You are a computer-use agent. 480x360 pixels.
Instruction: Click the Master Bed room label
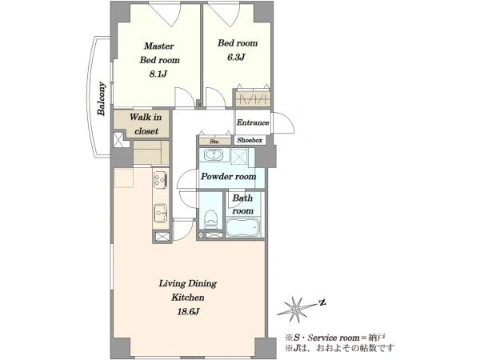point(159,53)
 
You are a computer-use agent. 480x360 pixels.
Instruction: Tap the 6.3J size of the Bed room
point(236,58)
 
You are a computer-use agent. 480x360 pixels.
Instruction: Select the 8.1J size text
point(158,74)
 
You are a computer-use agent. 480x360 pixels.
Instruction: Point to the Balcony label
point(102,99)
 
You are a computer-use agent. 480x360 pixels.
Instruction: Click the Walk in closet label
point(146,124)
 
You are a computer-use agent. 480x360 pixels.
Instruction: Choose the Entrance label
point(253,122)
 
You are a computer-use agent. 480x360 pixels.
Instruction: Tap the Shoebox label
point(250,140)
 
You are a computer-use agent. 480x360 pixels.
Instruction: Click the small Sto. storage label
point(214,142)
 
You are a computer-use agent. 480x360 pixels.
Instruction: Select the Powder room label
point(228,177)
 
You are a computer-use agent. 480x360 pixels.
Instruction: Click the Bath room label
point(242,204)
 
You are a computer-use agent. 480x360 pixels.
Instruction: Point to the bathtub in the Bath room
point(243,227)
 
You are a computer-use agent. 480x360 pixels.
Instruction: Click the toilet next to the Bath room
point(210,218)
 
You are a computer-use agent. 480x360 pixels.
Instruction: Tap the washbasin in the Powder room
point(214,154)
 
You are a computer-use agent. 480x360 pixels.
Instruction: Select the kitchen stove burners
point(161,179)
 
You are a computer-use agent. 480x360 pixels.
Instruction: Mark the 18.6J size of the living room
point(188,312)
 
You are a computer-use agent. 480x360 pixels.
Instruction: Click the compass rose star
point(296,309)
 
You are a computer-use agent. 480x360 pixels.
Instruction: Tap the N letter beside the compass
point(322,303)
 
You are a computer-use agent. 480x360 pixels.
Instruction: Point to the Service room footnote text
point(335,338)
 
